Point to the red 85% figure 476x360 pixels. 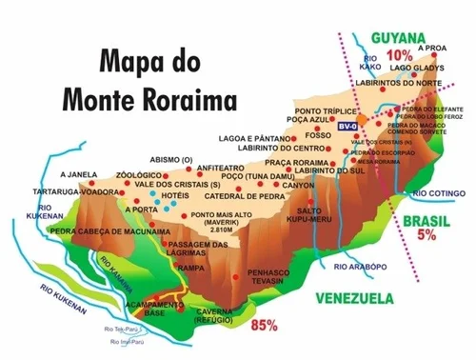pyautogui.click(x=264, y=325)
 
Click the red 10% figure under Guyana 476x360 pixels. pyautogui.click(x=399, y=53)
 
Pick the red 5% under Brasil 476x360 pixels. pyautogui.click(x=426, y=234)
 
